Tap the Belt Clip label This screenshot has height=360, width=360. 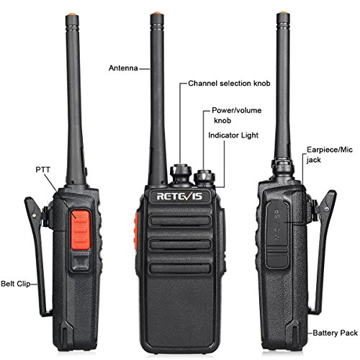[x=15, y=284]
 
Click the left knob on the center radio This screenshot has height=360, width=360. [x=178, y=172]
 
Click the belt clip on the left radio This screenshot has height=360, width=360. [x=37, y=245]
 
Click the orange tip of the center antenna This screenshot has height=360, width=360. [x=158, y=14]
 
